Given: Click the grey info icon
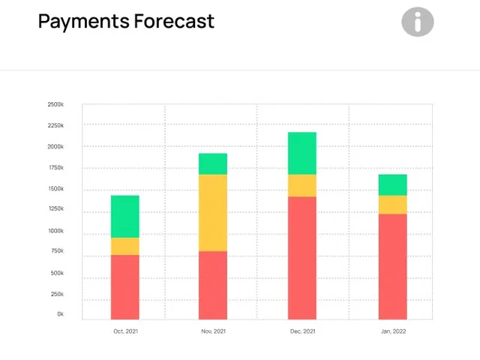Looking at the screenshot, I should (418, 22).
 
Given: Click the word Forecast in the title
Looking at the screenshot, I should (174, 21).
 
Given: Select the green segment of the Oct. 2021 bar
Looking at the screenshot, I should (125, 217).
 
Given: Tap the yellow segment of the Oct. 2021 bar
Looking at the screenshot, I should (125, 247).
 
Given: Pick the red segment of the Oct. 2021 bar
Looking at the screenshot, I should (125, 287).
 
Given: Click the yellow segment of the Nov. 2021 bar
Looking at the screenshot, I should (213, 213).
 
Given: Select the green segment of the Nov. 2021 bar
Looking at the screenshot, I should (213, 164).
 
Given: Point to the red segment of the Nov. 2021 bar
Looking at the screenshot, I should (213, 285).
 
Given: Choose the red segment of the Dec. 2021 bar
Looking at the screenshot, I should (302, 258).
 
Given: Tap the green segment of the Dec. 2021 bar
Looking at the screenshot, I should (302, 154).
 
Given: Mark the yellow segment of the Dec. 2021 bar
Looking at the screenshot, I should (302, 186).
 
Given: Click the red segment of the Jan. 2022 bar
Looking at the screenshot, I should (392, 267).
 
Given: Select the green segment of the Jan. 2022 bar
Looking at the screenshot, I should (392, 185).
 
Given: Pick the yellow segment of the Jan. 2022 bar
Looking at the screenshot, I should (392, 205).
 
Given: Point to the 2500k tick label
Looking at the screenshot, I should (55, 104).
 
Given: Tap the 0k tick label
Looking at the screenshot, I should (60, 314).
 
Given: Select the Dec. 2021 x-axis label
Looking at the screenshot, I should (302, 331).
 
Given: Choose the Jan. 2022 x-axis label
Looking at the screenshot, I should (392, 331).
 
